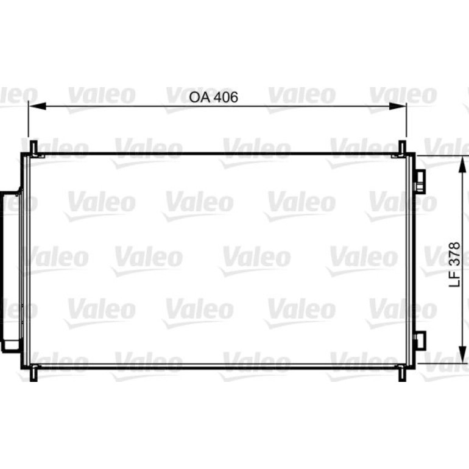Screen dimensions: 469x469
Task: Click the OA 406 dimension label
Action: coord(214,97)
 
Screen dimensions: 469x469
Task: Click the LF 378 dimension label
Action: coord(454,264)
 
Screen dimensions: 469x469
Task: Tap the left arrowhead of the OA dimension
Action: coord(37,106)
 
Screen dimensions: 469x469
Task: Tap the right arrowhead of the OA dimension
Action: coord(398,106)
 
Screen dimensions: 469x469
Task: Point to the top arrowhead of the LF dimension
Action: coord(462,164)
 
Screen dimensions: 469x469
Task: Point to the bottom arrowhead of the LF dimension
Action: coord(462,354)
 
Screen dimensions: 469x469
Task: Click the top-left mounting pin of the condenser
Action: coord(33,148)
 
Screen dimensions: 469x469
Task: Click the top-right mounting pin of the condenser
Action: coord(403,148)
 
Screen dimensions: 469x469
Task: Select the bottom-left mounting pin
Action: coord(33,373)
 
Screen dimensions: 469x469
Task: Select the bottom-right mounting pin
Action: coord(403,373)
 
